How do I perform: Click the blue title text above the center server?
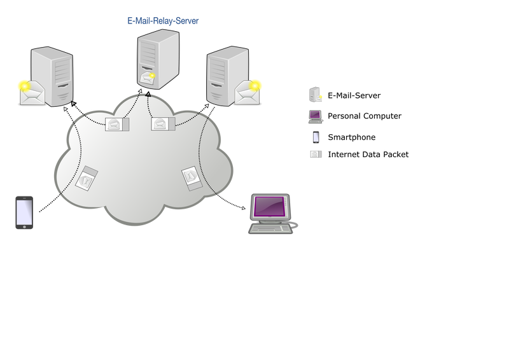tap(164, 22)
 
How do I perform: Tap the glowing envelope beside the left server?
tap(31, 92)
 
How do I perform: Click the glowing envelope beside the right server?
tap(249, 92)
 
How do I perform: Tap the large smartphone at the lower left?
tap(24, 212)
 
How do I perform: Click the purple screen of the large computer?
tap(270, 207)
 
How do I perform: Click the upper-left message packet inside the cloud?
tap(117, 124)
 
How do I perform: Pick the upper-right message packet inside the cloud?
tap(162, 123)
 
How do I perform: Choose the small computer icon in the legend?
tap(316, 116)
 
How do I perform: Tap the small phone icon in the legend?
tap(316, 136)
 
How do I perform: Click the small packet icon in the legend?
tap(316, 154)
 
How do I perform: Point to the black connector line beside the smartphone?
tap(48, 204)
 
